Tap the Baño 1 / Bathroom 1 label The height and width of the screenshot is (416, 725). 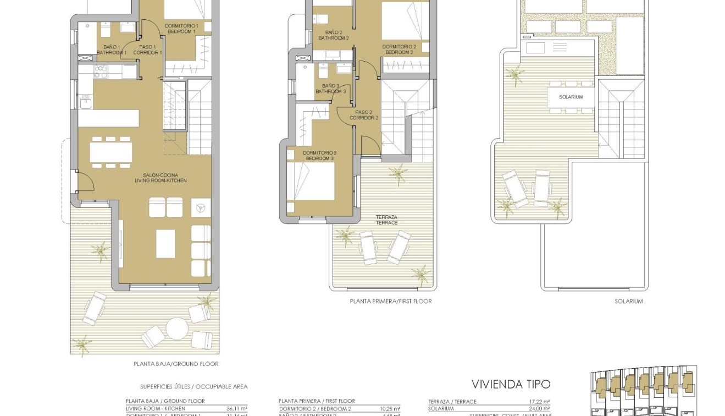pyautogui.click(x=112, y=50)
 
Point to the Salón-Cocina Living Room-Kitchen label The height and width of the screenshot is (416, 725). pyautogui.click(x=161, y=178)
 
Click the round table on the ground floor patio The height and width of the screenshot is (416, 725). pyautogui.click(x=177, y=330)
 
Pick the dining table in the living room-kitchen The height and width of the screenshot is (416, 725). pyautogui.click(x=110, y=151)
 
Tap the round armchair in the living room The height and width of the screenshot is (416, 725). pyautogui.click(x=200, y=207)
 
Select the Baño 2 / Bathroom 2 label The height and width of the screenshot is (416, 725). pyautogui.click(x=333, y=35)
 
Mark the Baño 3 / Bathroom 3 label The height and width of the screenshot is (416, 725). pyautogui.click(x=330, y=89)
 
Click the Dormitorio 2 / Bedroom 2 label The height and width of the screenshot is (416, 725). pyautogui.click(x=399, y=50)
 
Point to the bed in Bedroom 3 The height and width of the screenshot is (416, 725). pyautogui.click(x=311, y=182)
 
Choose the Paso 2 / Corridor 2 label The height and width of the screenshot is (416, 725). pyautogui.click(x=364, y=115)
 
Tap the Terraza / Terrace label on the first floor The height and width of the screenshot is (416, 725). pyautogui.click(x=386, y=220)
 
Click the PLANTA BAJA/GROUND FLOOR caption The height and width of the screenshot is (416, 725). pyautogui.click(x=176, y=364)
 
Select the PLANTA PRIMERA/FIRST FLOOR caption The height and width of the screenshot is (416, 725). pyautogui.click(x=390, y=301)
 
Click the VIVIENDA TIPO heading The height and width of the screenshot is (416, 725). pyautogui.click(x=511, y=384)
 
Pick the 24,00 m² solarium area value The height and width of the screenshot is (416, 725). pyautogui.click(x=540, y=409)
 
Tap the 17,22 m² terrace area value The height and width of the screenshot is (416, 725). pyautogui.click(x=540, y=402)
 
